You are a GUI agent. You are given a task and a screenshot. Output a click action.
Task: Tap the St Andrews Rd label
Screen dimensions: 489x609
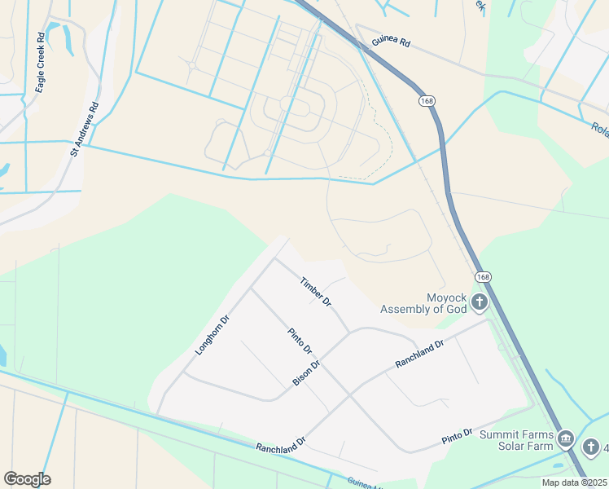coord(84,128)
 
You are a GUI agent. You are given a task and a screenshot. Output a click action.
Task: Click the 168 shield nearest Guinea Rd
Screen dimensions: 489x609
coord(427,100)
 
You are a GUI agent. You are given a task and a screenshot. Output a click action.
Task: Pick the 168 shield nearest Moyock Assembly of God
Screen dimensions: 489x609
coord(484,277)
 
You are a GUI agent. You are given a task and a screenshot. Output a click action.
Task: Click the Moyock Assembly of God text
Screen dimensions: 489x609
coord(423,303)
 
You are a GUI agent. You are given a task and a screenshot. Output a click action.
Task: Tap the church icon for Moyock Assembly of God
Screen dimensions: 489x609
coord(480,303)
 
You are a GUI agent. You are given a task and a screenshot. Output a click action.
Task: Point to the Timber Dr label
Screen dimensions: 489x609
coord(315,292)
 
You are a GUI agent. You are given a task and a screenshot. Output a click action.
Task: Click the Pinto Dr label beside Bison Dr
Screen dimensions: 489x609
coord(300,341)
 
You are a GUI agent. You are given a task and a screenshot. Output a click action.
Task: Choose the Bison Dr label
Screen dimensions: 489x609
coord(306,372)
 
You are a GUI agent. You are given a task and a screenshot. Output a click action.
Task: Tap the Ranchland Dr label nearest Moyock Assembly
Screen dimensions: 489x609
coord(418,354)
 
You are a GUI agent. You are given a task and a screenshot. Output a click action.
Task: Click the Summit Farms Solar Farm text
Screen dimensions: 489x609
coord(517,441)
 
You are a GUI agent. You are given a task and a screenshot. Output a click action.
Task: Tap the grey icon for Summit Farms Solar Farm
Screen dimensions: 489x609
coord(566,441)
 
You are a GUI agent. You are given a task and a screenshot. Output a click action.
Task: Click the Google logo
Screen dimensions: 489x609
coord(27,479)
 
